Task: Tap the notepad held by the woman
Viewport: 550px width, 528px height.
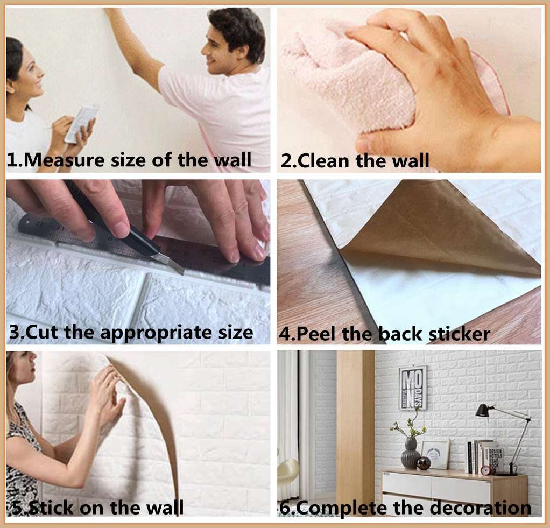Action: coord(81,123)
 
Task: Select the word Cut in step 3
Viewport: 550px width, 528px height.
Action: coord(43,332)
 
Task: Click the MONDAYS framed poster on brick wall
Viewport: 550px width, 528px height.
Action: coord(412,387)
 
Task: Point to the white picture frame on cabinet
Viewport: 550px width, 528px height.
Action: coord(435,453)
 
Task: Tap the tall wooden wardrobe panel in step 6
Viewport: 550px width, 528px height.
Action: coord(355,425)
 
